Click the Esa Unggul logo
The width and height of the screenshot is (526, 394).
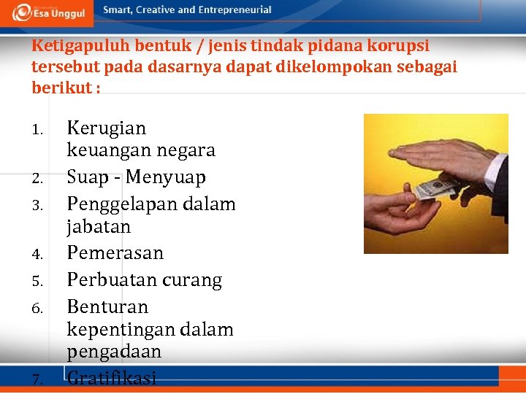coord(49,11)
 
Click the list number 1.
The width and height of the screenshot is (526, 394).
coord(39,131)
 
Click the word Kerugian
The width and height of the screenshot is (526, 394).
coord(107,128)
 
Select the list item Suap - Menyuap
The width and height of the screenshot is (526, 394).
coord(137,177)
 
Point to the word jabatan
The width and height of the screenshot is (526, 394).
coord(99,227)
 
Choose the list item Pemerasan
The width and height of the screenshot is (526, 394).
coord(115,253)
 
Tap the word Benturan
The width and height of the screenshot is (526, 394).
coord(107,306)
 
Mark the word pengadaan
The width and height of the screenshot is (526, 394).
coord(114,352)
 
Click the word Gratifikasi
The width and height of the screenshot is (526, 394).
coord(112,378)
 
